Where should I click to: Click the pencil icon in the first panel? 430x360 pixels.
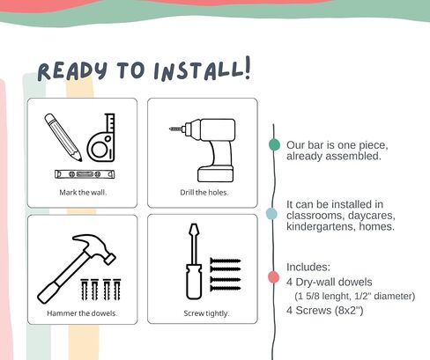[x=63, y=137]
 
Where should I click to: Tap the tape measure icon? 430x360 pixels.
[x=101, y=137]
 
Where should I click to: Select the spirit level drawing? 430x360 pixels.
[x=85, y=174]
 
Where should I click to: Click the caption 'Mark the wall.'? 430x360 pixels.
[x=83, y=193]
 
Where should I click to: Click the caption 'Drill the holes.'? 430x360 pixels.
[x=204, y=193]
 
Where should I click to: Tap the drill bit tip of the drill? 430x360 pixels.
[x=171, y=129]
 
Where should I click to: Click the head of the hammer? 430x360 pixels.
[x=94, y=247]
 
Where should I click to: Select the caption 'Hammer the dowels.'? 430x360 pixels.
[x=82, y=313]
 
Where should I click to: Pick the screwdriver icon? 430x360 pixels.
[x=194, y=261]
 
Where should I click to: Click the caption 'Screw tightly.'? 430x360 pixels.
[x=206, y=313]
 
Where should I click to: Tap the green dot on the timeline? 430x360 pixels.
[x=274, y=144]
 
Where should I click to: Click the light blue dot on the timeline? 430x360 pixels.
[x=271, y=214]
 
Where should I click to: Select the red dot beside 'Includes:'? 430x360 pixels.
[x=273, y=277]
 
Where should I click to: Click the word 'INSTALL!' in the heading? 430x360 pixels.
[x=203, y=70]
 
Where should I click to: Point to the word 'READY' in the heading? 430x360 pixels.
[x=72, y=71]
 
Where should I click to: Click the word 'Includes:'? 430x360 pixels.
[x=308, y=267]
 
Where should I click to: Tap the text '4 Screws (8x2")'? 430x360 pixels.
[x=325, y=311]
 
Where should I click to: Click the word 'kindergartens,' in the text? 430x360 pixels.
[x=321, y=226]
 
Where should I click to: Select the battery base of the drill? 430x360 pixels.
[x=216, y=174]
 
